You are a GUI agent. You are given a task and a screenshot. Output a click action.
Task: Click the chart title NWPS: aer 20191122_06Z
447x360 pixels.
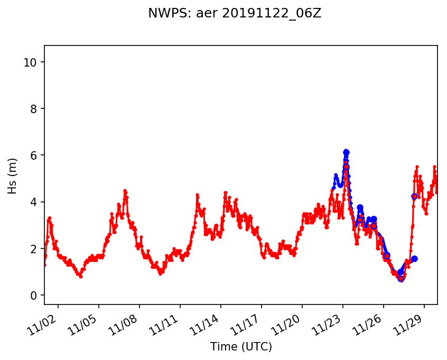(x=235, y=14)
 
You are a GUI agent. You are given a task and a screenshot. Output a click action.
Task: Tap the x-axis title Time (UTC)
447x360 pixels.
(x=241, y=347)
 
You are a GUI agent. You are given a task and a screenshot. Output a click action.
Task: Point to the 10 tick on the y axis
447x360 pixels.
(x=30, y=62)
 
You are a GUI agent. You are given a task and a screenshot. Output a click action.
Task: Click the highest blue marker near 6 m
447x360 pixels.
(x=346, y=152)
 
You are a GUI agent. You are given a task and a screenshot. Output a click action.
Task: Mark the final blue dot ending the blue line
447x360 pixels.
(x=414, y=259)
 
